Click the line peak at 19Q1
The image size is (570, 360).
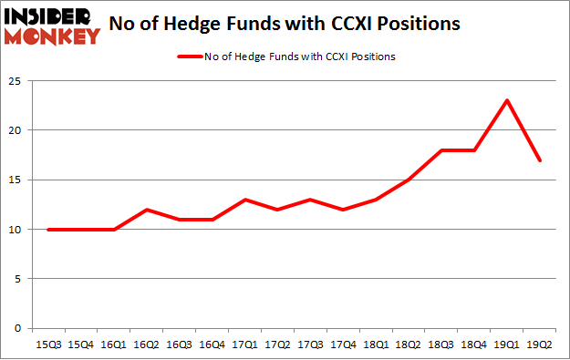pyautogui.click(x=506, y=100)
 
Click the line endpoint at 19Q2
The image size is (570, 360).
pyautogui.click(x=541, y=160)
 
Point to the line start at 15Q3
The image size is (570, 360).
pyautogui.click(x=47, y=230)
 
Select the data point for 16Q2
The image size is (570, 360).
pyautogui.click(x=146, y=210)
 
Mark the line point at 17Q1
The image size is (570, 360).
pyautogui.click(x=244, y=200)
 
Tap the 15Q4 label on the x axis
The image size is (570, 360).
pyautogui.click(x=80, y=345)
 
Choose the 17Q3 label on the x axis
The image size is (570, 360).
pyautogui.click(x=310, y=345)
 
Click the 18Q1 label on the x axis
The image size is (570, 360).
pyautogui.click(x=376, y=345)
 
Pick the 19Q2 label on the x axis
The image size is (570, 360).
pyautogui.click(x=541, y=345)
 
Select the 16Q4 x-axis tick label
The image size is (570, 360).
pyautogui.click(x=212, y=345)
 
